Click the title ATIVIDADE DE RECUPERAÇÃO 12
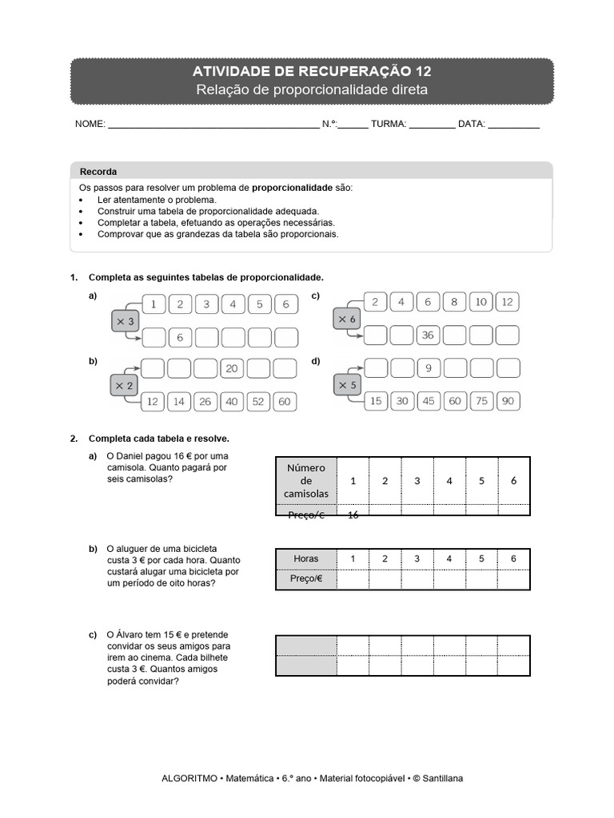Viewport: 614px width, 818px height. [x=312, y=72]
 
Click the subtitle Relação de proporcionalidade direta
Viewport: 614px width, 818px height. [x=312, y=90]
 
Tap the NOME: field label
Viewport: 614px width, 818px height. [x=90, y=125]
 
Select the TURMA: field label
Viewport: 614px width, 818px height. [x=389, y=125]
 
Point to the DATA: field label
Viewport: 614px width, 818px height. [x=472, y=125]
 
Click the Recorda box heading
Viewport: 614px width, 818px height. [x=98, y=172]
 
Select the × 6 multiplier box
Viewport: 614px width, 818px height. [x=347, y=319]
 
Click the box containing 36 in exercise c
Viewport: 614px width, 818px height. [x=428, y=336]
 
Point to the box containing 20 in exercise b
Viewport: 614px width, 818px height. [x=232, y=368]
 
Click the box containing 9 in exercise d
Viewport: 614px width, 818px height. [x=429, y=368]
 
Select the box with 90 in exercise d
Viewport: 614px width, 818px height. [x=507, y=401]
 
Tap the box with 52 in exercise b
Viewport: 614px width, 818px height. [x=257, y=402]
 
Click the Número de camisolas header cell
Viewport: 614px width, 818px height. [x=305, y=481]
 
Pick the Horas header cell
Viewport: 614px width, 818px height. [x=305, y=558]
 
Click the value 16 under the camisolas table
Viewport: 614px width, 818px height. [x=353, y=515]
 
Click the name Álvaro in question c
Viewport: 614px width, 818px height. [x=133, y=635]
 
